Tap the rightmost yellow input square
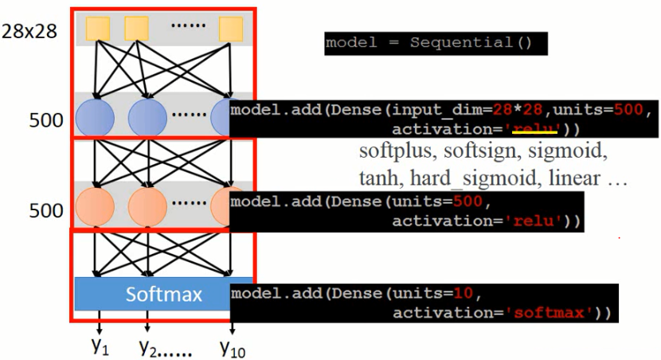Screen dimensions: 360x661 [x=230, y=29]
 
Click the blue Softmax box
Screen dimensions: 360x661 [x=162, y=295]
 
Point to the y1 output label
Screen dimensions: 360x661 [x=100, y=346]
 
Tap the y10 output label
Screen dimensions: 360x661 [x=232, y=346]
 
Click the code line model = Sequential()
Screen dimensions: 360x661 [x=428, y=43]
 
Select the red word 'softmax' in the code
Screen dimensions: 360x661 [x=553, y=312]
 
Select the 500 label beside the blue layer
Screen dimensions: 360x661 [x=45, y=121]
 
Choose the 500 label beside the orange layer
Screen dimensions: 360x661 [x=45, y=211]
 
